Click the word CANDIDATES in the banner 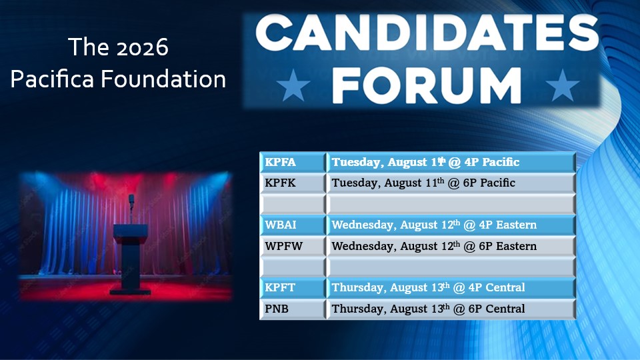click(427, 33)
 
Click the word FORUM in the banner click(427, 85)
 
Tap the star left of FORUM click(293, 85)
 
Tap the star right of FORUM click(563, 85)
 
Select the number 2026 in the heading click(143, 47)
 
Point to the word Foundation click(163, 79)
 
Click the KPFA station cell click(293, 162)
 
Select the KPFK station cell click(293, 183)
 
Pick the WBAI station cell click(293, 225)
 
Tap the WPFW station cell click(293, 246)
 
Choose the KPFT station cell click(293, 287)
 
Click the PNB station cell click(293, 309)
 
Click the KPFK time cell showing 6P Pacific click(451, 183)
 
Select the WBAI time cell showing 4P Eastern click(451, 225)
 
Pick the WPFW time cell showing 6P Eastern click(451, 246)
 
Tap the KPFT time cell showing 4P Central click(451, 287)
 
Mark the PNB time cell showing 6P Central click(451, 309)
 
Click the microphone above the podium click(131, 200)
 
